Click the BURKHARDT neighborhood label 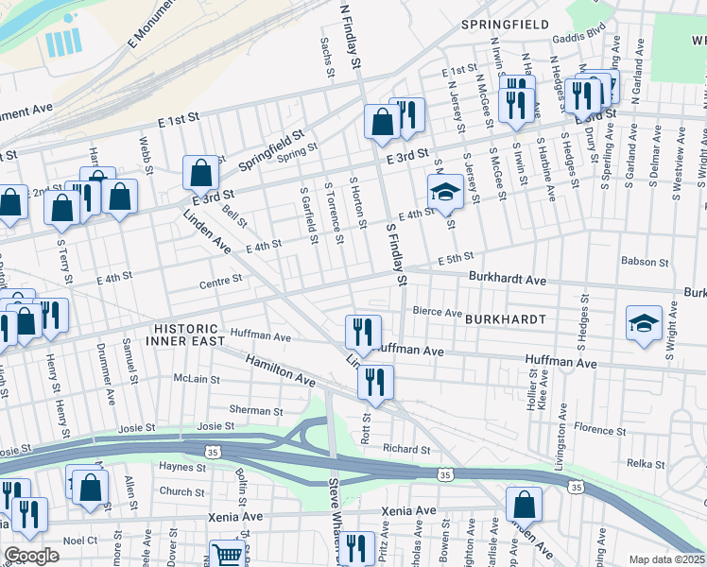(x=505, y=319)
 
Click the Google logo (x=31, y=556)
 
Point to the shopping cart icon (x=227, y=556)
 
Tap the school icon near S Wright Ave (x=644, y=322)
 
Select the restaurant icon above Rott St (x=375, y=382)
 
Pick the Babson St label (x=645, y=261)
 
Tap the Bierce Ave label (x=437, y=312)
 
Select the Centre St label (x=221, y=280)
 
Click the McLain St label (x=196, y=379)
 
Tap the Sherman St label (x=256, y=411)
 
